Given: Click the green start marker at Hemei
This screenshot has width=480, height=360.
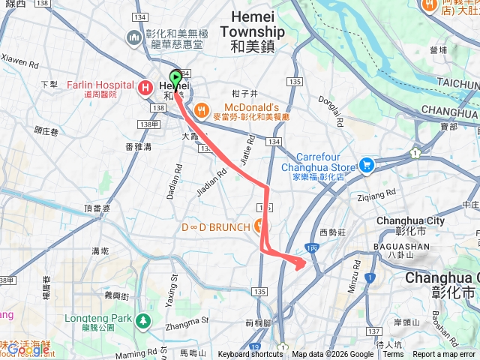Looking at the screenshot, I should tap(176, 77).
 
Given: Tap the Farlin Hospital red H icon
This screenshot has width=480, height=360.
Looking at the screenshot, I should tap(145, 88).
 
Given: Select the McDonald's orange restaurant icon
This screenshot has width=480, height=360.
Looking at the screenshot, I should tap(201, 112).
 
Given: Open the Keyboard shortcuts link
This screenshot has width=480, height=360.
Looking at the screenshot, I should tap(250, 355).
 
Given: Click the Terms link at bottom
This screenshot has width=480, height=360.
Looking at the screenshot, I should tap(393, 355).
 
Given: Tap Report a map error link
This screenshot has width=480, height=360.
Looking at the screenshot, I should tap(445, 355).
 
